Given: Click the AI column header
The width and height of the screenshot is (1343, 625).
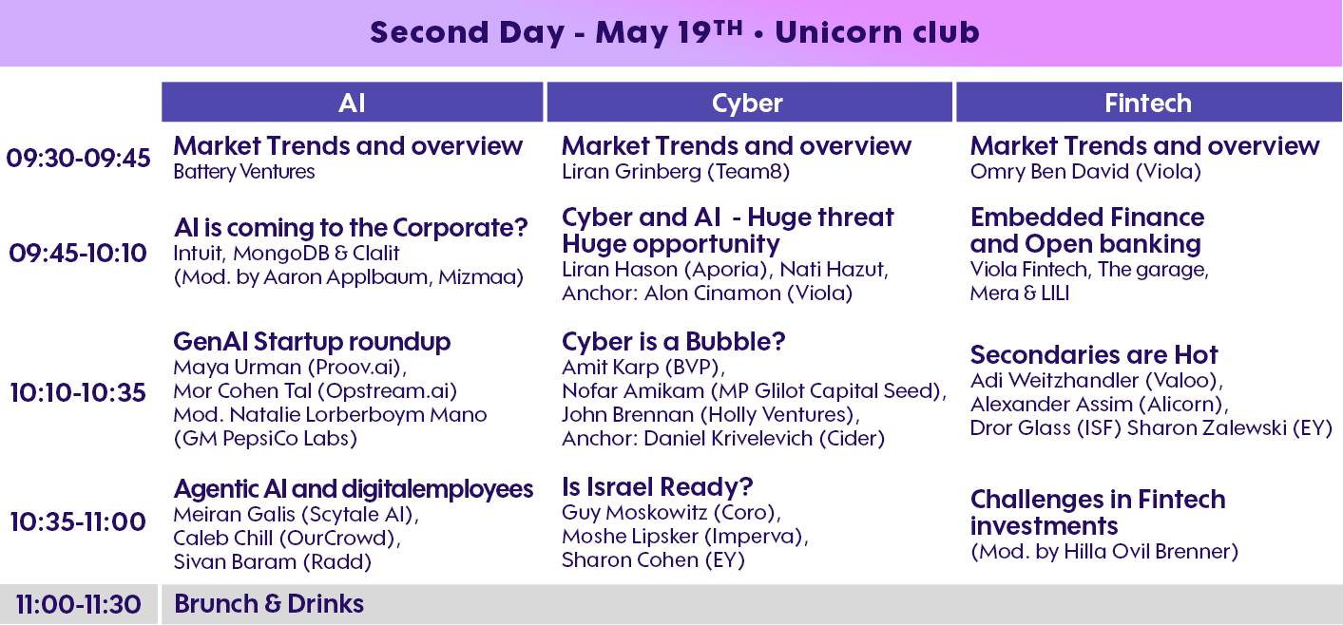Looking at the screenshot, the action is click(x=352, y=103).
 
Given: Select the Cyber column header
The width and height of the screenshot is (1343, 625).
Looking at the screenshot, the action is click(x=749, y=103).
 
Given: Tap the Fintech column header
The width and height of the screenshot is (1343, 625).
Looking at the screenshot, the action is click(x=1148, y=103).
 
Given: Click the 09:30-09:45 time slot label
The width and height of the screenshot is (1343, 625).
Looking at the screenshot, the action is click(x=78, y=159).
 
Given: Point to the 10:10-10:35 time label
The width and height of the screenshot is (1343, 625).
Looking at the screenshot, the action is click(x=78, y=392).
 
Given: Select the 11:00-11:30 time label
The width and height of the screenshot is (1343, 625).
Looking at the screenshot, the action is click(x=79, y=604).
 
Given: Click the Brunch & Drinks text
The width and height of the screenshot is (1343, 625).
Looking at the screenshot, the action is click(x=269, y=603).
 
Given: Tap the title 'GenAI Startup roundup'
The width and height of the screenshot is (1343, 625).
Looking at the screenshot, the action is click(x=312, y=342).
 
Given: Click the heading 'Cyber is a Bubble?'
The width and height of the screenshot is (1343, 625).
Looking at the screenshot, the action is click(x=673, y=342).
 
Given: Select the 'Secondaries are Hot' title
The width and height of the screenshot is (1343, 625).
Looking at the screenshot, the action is click(x=1094, y=354).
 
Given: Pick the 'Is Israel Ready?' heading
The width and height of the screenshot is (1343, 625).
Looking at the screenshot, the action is click(x=657, y=486).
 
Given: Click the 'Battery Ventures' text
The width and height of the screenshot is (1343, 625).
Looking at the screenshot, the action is click(x=244, y=171).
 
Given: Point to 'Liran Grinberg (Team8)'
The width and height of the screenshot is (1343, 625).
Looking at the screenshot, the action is click(x=676, y=171).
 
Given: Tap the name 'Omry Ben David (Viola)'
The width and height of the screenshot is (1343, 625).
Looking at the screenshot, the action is click(x=1085, y=171).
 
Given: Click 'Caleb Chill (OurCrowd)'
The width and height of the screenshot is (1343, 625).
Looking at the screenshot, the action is click(x=287, y=539).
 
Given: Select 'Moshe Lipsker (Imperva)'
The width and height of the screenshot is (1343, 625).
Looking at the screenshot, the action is click(x=684, y=537).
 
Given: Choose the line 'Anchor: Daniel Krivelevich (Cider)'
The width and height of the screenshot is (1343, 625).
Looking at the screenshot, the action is click(x=723, y=439).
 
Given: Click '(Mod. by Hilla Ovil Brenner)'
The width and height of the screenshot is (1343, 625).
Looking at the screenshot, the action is click(x=1104, y=551).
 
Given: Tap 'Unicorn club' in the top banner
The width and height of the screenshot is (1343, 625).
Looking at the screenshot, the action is click(x=877, y=32).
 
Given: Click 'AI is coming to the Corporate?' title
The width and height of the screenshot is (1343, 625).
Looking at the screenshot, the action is click(x=351, y=228).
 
